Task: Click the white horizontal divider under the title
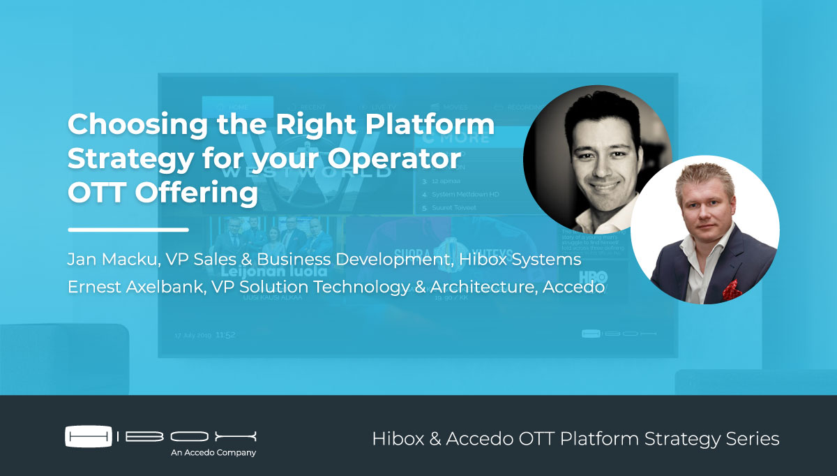128,229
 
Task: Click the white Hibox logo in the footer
161,436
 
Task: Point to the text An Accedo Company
213,452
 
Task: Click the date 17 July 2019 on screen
193,335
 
